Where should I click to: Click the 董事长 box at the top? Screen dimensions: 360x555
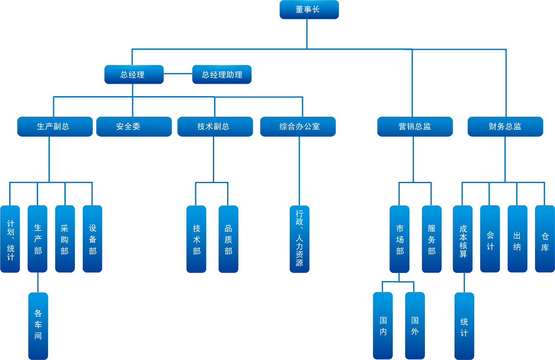pos(309,10)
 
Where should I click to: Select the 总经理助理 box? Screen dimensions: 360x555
pos(222,74)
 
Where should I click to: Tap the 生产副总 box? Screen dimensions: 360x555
pos(55,126)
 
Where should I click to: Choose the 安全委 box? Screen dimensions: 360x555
pos(134,126)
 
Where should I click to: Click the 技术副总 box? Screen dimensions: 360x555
pos(215,126)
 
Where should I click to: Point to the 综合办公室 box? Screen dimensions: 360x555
pos(298,126)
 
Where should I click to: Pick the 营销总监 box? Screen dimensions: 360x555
pos(415,126)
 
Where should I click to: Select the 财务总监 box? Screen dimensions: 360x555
pos(505,126)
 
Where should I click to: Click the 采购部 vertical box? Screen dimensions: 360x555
pos(65,239)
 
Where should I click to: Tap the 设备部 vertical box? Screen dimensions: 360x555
pos(92,239)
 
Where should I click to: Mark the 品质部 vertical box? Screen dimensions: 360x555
pos(228,239)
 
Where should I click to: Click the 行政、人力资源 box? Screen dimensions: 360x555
pos(299,239)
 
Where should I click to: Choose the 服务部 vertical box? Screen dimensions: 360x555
pos(432,239)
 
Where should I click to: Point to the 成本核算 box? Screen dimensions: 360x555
pos(463,239)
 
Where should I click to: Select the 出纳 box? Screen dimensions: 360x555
pos(517,239)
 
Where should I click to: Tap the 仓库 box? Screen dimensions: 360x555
pos(545,239)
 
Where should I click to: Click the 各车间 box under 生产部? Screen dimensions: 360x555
pos(38,326)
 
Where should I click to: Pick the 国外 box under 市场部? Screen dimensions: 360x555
pos(415,326)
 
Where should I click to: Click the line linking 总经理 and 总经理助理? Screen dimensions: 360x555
pos(178,74)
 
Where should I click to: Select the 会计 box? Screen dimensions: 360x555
pos(490,239)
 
